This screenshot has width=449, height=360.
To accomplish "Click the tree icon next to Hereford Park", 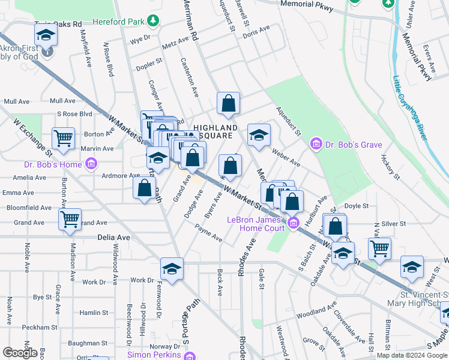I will (154, 22).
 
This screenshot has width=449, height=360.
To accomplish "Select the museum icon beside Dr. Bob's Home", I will (90, 164).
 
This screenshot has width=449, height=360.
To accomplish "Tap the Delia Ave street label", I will (114, 238).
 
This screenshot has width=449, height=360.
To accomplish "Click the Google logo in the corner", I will (19, 352).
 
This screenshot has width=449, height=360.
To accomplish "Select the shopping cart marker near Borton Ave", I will (63, 138).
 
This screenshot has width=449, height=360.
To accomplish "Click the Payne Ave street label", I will (208, 233).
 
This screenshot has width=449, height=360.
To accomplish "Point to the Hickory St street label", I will (390, 167).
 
